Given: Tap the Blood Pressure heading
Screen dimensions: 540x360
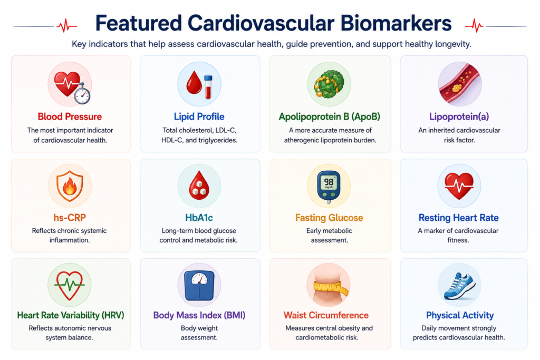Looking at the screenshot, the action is (70, 116).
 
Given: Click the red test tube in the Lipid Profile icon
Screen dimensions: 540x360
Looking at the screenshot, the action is (208, 87).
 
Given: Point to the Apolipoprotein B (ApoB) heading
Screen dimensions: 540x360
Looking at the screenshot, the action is (329, 116).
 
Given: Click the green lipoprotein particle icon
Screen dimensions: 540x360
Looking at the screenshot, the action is (329, 84).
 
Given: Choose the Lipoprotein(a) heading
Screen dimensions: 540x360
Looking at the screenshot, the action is (459, 116).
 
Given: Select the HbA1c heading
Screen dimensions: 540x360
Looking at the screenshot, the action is (199, 218).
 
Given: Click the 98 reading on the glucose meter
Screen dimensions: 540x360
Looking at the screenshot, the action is (329, 182).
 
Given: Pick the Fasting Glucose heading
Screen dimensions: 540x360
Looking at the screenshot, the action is (329, 218).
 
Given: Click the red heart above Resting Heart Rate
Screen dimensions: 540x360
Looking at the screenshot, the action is (459, 186).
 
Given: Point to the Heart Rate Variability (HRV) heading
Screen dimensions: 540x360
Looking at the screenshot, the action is (71, 315).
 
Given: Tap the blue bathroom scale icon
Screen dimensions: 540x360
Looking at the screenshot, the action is (199, 285).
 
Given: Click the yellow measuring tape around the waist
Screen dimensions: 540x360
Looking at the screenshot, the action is (331, 287).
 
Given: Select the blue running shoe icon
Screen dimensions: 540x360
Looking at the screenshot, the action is (459, 286).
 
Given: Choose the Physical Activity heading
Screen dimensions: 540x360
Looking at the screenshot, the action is (460, 315).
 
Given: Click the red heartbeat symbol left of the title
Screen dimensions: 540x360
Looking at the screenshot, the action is (67, 26).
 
